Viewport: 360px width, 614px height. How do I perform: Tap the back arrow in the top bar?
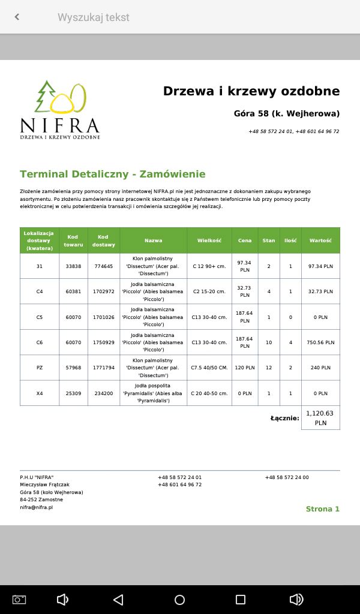coord(17,17)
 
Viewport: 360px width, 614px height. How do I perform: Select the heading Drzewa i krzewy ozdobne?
coord(251,91)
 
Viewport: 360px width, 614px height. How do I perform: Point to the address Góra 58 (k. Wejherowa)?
coord(287,113)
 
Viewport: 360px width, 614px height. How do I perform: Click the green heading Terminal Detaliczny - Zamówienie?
coord(113,174)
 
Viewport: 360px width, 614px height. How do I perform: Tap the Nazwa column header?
coord(153,240)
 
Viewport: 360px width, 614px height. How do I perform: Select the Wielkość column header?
coord(209,240)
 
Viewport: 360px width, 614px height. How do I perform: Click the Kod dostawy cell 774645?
coord(104,266)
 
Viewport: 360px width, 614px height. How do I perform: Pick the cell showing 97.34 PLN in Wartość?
coord(320,266)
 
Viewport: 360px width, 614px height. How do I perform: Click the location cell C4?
coord(40,291)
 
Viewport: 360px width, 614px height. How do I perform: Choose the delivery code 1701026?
coord(104,317)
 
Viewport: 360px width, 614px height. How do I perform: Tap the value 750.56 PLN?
coord(320,342)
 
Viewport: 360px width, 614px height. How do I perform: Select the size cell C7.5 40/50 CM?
coord(209,368)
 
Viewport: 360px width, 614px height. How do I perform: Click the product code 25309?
coord(73,393)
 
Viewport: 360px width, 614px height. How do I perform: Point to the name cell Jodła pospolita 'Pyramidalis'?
coord(153,393)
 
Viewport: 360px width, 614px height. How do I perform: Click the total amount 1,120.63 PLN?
coord(320,418)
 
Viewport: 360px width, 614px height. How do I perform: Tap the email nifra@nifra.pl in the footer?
coord(37,507)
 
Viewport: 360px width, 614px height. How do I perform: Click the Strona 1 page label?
coord(323,509)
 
